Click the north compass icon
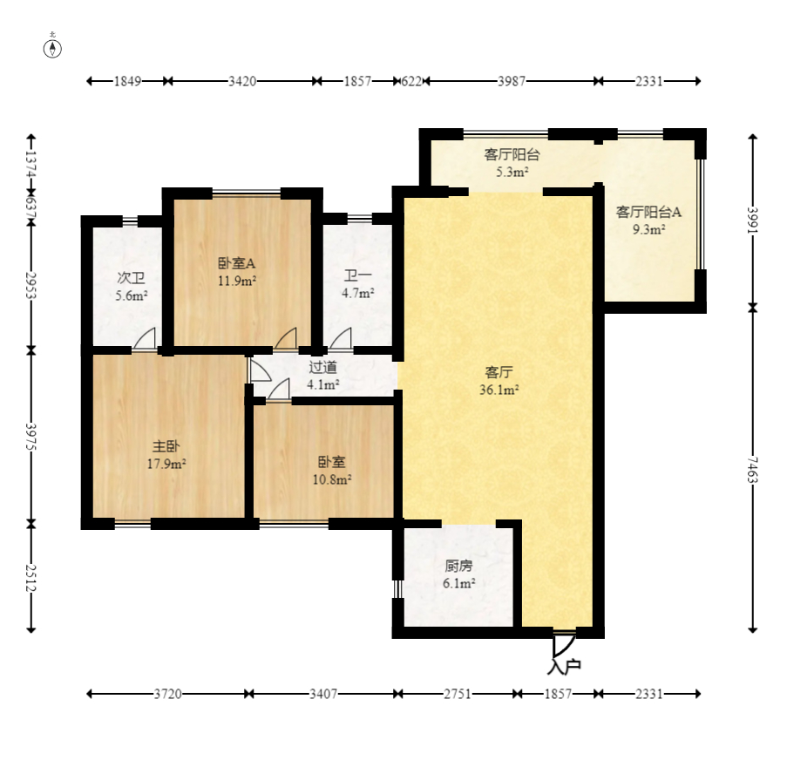[x=52, y=48]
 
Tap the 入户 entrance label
[x=564, y=667]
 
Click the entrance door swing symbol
[x=564, y=644]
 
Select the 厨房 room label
[x=458, y=566]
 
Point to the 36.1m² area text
[x=499, y=390]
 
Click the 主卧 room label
[x=166, y=445]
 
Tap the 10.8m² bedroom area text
[x=332, y=479]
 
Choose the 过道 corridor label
[x=322, y=367]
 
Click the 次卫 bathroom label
[x=131, y=277]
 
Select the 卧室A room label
[x=237, y=262]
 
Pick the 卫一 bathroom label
[x=358, y=275]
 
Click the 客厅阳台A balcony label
[x=648, y=212]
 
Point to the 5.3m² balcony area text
[x=512, y=173]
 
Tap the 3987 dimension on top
[x=512, y=81]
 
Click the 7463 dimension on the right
[x=751, y=469]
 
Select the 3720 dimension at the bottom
[x=167, y=694]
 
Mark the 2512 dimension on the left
[x=31, y=577]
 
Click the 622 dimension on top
[x=411, y=81]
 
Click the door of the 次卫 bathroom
[x=145, y=338]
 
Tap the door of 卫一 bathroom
[x=341, y=338]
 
